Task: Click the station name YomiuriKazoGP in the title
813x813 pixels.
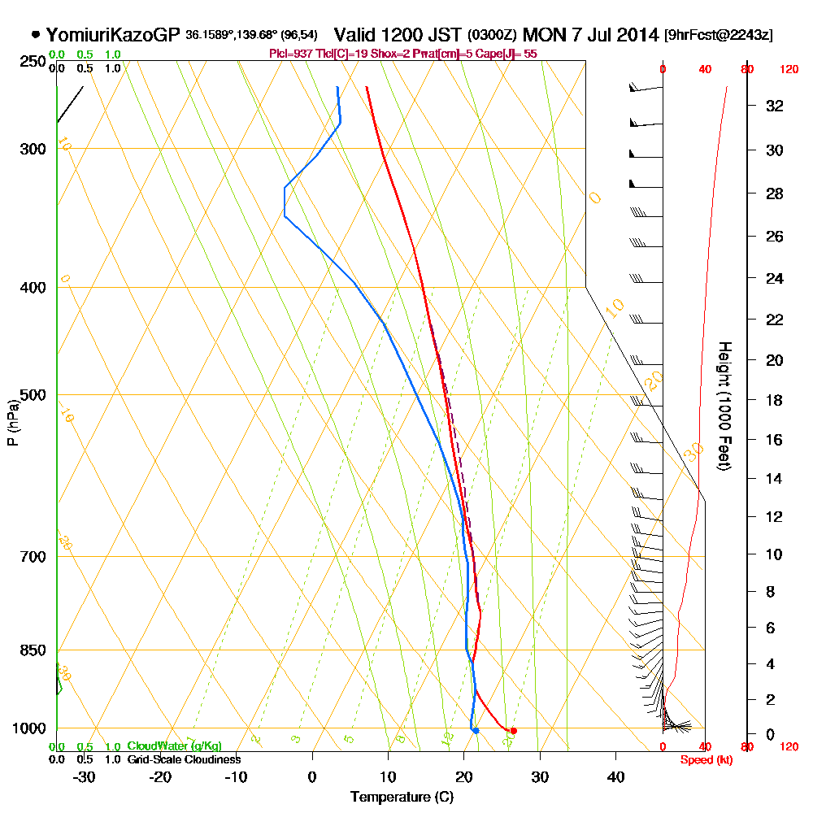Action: pyautogui.click(x=113, y=35)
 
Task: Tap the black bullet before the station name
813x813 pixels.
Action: pyautogui.click(x=36, y=35)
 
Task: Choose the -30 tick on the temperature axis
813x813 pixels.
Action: pyautogui.click(x=84, y=777)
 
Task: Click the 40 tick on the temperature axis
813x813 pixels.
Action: pyautogui.click(x=616, y=777)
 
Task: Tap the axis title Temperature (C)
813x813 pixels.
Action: pyautogui.click(x=402, y=798)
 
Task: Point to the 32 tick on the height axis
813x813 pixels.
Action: pyautogui.click(x=775, y=106)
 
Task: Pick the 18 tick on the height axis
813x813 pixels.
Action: pyautogui.click(x=775, y=400)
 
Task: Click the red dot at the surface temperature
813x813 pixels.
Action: pyautogui.click(x=513, y=731)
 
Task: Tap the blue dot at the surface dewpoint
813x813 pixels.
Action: pyautogui.click(x=476, y=731)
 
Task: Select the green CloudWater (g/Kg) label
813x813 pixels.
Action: pyautogui.click(x=174, y=746)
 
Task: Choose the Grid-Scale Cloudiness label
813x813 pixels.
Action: pyautogui.click(x=183, y=759)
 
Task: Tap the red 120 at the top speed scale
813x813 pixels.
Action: pyautogui.click(x=788, y=70)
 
